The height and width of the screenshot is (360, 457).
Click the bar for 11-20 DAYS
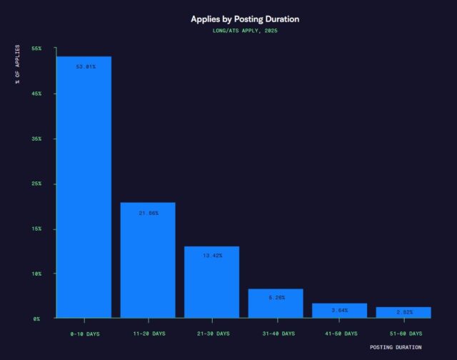click(148, 260)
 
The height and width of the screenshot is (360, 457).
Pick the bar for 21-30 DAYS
click(211, 282)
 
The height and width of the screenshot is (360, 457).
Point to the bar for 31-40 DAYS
click(276, 304)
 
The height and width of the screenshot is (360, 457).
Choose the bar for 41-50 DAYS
click(339, 311)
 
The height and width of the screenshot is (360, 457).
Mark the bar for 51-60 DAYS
click(403, 312)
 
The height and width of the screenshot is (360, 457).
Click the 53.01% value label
click(84, 66)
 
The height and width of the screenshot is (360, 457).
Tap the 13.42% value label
click(211, 255)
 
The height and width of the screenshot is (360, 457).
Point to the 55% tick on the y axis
click(37, 49)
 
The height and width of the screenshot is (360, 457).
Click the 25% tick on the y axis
click(37, 184)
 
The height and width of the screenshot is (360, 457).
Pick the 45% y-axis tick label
click(37, 94)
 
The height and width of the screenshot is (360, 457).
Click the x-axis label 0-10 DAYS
click(84, 334)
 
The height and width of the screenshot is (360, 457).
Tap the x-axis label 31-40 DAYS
click(276, 334)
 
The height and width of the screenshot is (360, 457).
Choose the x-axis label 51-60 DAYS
click(403, 334)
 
